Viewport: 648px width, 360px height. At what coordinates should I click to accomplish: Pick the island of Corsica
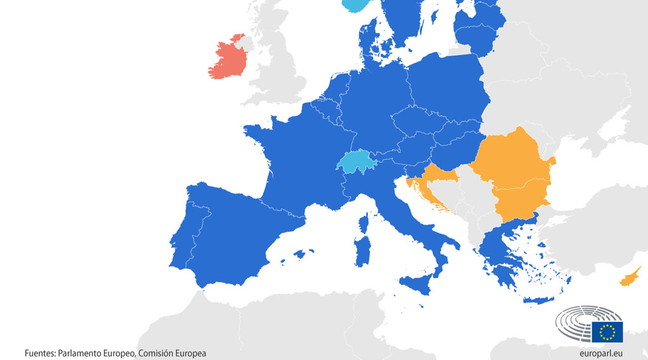[365, 223]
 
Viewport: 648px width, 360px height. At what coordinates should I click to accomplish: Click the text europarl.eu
[601, 353]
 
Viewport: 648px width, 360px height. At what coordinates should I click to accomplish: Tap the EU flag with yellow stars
[607, 332]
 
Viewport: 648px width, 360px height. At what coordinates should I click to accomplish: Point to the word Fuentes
[39, 353]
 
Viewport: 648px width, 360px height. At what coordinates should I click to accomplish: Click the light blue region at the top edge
[358, 4]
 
